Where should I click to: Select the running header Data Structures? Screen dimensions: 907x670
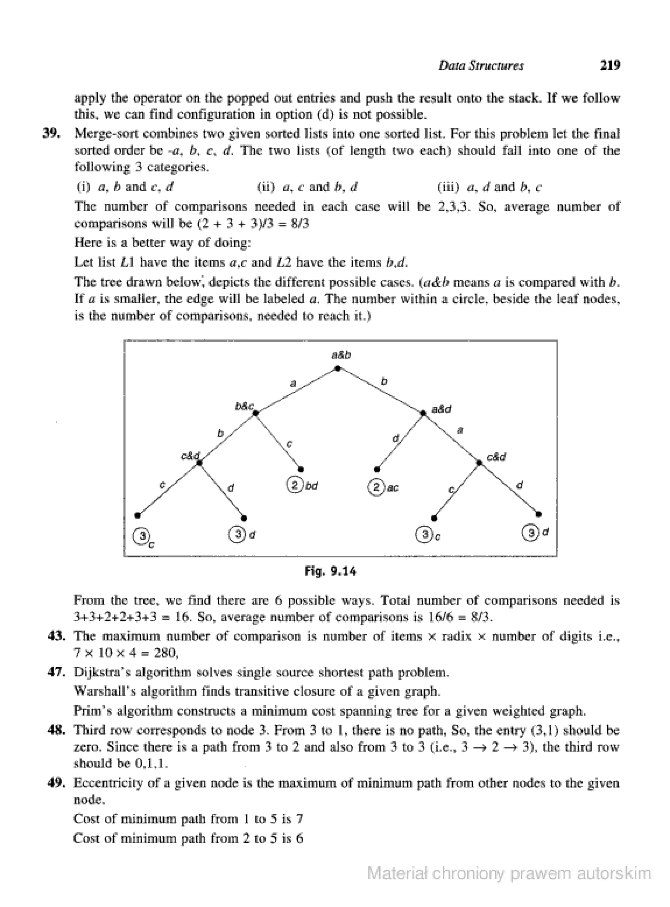[x=481, y=66]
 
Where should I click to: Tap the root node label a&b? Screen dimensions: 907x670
[x=341, y=355]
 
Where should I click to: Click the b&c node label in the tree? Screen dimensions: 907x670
[x=245, y=406]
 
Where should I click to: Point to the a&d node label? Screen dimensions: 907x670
[x=441, y=409]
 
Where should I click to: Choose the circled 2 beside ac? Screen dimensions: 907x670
[x=376, y=487]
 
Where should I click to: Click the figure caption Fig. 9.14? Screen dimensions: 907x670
[x=330, y=572]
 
